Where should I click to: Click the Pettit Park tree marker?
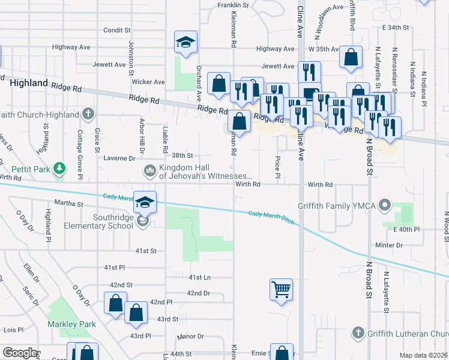click(59, 169)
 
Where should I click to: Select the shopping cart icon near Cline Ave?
click(281, 290)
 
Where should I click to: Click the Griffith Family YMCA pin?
click(385, 206)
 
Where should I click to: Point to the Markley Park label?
click(72, 324)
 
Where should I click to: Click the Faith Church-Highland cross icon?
click(88, 114)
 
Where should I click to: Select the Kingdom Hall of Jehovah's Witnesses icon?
click(149, 172)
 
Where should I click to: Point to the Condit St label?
click(116, 29)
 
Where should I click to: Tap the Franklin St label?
click(232, 5)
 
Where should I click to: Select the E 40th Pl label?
click(406, 230)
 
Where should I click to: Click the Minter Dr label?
click(406, 245)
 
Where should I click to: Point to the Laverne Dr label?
click(120, 158)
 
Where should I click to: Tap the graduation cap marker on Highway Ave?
click(185, 43)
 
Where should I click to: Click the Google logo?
click(20, 353)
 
